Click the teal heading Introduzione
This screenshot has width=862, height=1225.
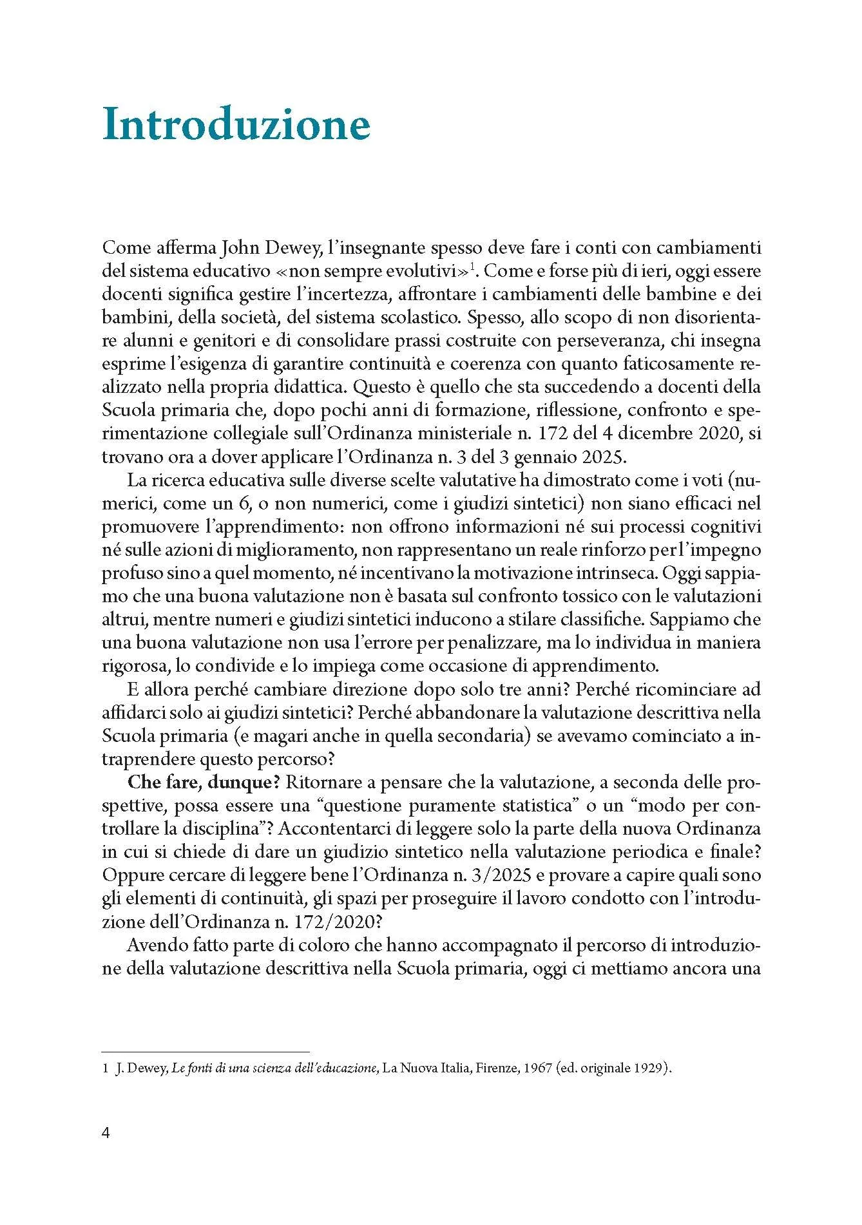236,125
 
